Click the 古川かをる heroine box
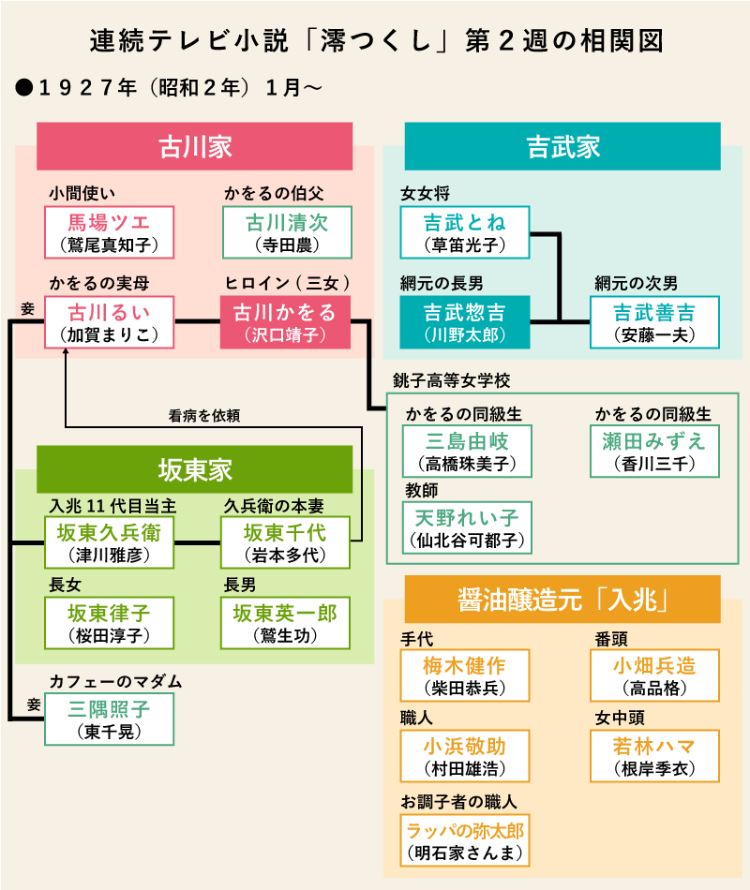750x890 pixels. (284, 321)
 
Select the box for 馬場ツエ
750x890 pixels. (109, 232)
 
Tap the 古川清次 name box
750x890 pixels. (287, 232)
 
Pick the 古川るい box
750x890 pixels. (109, 321)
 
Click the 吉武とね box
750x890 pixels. (464, 232)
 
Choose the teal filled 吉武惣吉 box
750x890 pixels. (464, 321)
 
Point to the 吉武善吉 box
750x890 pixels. (655, 321)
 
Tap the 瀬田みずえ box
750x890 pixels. (655, 451)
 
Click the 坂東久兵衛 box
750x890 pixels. (111, 542)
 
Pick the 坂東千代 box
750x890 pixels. (285, 542)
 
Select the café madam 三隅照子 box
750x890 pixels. (111, 719)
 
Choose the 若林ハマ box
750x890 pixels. (655, 755)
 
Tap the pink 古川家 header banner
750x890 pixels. (194, 146)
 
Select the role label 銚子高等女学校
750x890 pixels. (452, 381)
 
